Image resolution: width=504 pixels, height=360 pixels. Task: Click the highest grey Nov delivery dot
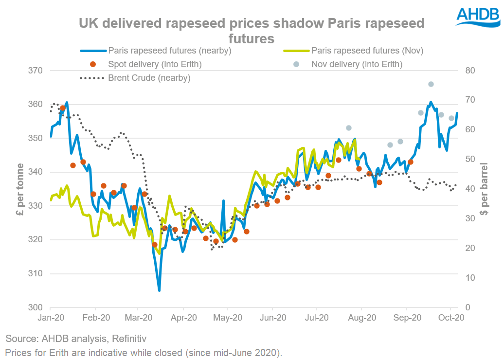431,84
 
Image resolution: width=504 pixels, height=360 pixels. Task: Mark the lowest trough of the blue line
159,290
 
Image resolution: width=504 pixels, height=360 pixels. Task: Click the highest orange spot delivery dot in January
62,108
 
